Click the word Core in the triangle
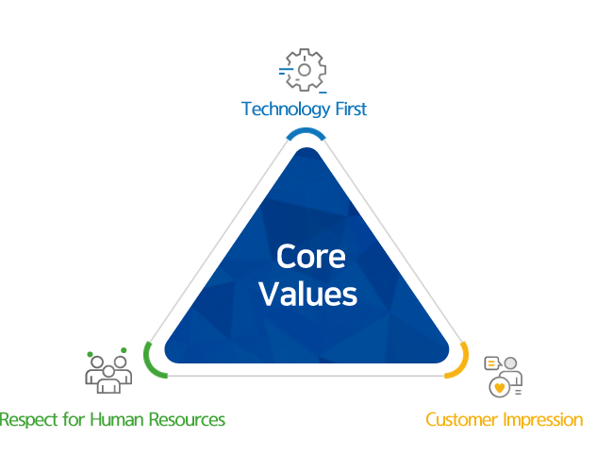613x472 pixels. point(310,257)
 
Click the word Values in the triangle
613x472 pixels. point(307,294)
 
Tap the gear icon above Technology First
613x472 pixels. point(304,69)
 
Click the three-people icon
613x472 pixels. point(108,372)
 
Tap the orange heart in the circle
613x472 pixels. point(498,387)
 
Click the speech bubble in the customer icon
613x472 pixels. point(491,363)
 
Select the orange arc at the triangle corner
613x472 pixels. point(460,359)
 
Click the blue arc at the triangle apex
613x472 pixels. point(306,134)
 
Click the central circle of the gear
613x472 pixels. point(305,70)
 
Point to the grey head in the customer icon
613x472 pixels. point(510,364)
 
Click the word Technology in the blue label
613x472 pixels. point(288,110)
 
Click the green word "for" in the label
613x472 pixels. point(70,419)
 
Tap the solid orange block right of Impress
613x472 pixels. point(572,419)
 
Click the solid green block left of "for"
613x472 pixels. point(28,419)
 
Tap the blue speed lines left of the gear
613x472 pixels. point(284,70)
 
